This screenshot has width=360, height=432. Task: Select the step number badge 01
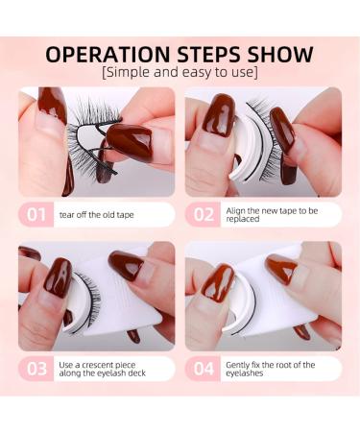coord(36,214)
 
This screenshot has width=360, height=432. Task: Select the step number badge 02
coord(204,214)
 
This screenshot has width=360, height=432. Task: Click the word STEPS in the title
coord(199,54)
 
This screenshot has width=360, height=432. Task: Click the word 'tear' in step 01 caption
coord(67,215)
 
